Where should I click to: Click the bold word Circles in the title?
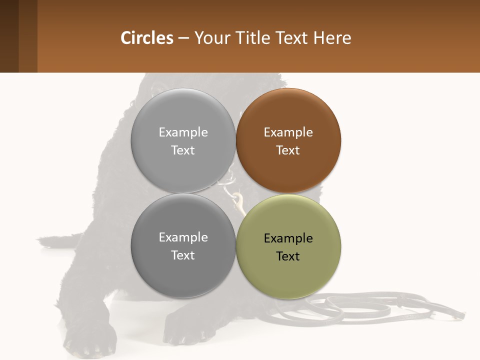coord(146,38)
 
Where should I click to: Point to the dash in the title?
coord(183,38)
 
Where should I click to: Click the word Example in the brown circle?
coord(288,132)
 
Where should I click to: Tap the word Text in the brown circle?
coord(288,150)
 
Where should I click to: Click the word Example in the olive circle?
coord(288,238)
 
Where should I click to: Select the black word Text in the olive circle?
coord(288,256)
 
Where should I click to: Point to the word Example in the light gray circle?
coord(183,132)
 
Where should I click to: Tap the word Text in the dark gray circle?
coord(183,255)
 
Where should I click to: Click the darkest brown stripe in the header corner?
coord(9,36)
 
